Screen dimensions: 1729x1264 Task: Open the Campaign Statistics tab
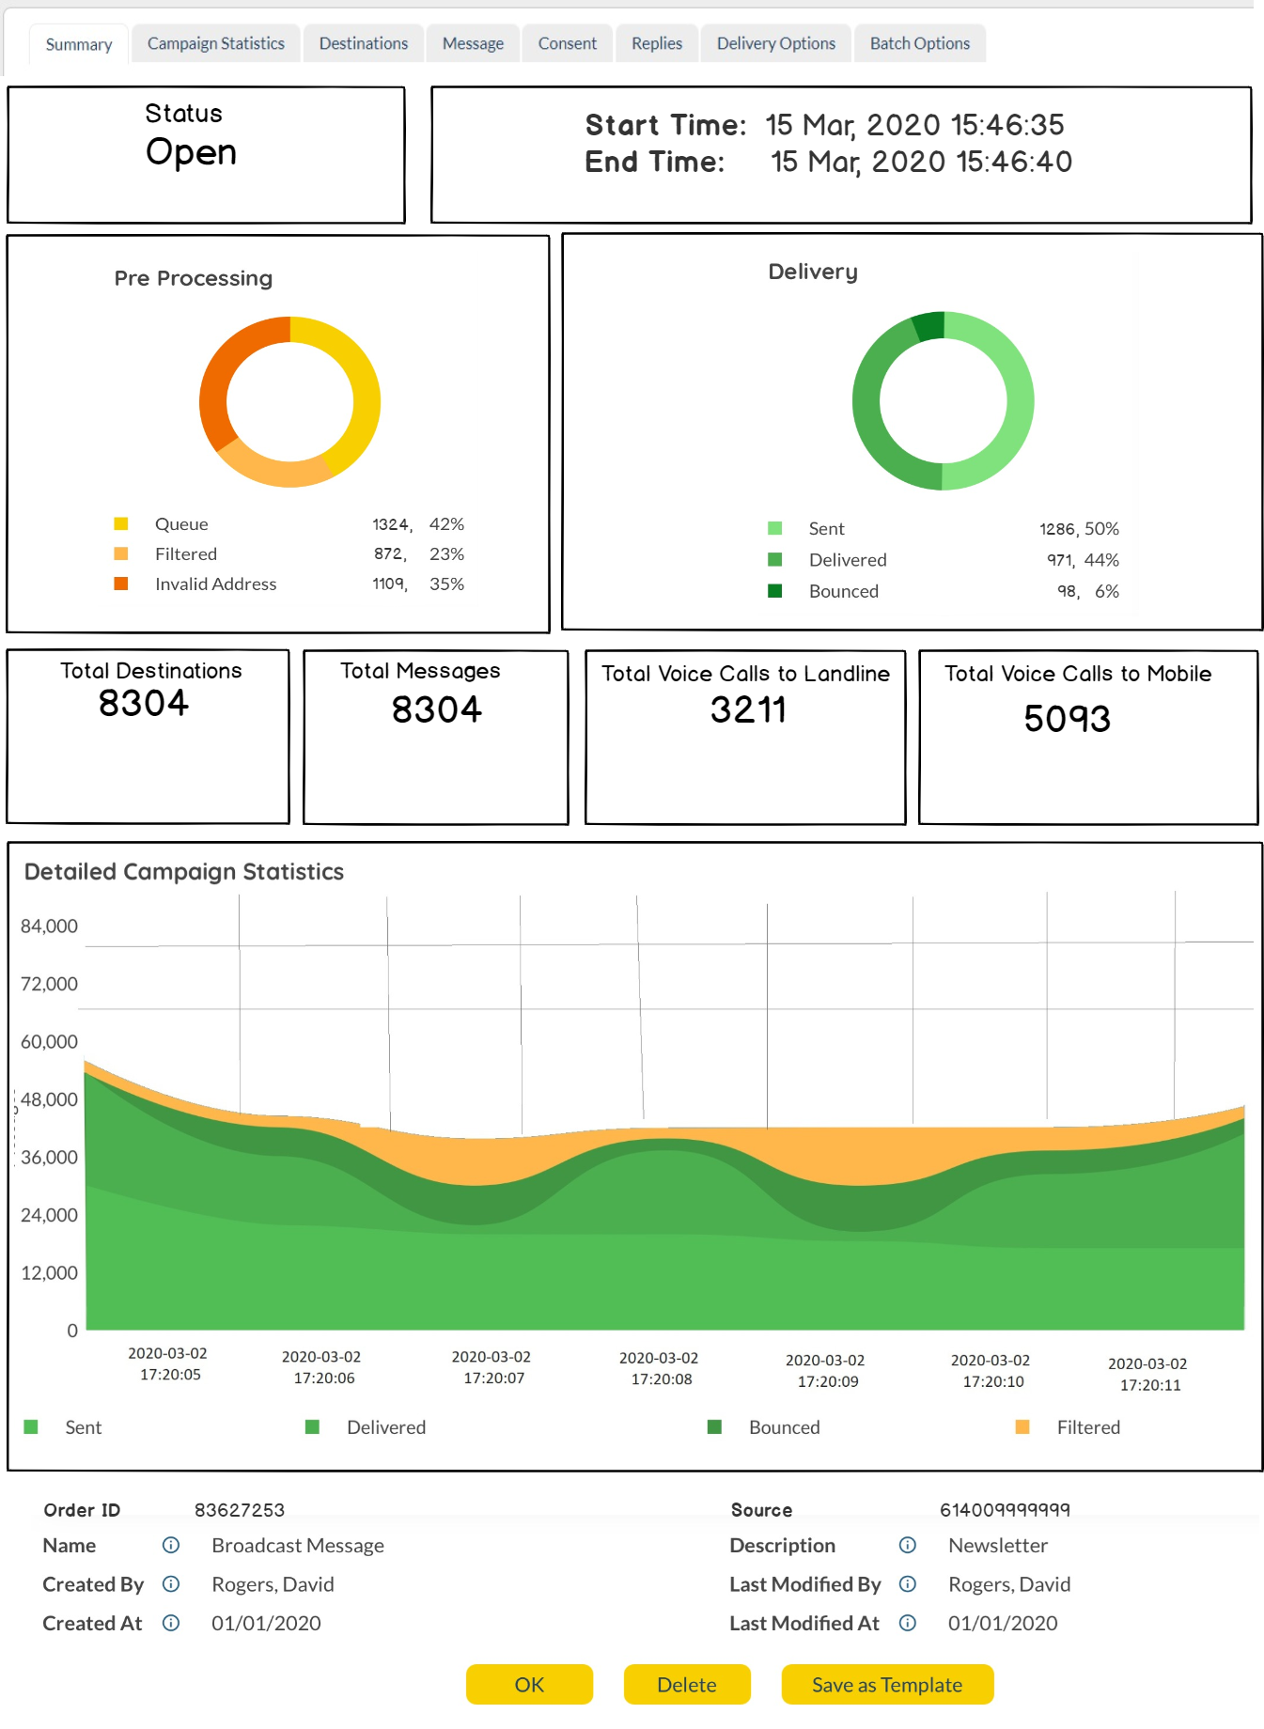click(215, 43)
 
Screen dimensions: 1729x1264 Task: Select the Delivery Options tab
click(775, 43)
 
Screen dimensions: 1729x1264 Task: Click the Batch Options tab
click(919, 43)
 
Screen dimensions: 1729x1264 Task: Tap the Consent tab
click(567, 43)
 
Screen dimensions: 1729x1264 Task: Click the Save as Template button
click(886, 1685)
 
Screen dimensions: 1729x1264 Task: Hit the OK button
click(529, 1685)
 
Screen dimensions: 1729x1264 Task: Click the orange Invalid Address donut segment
click(223, 376)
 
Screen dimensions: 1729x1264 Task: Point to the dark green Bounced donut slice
click(929, 326)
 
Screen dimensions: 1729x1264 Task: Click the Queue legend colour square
click(121, 523)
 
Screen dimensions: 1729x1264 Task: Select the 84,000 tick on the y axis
click(49, 927)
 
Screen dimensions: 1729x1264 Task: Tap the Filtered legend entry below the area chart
click(1087, 1427)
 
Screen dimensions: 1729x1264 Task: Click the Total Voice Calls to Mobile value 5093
click(1067, 719)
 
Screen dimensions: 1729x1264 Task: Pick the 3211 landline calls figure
click(748, 709)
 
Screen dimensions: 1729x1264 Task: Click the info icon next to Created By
click(171, 1584)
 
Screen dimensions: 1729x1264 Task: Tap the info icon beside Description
click(908, 1546)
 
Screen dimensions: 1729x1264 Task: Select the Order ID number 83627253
click(240, 1510)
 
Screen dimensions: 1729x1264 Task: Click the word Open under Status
click(191, 152)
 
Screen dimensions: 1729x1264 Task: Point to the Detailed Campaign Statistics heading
click(184, 872)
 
